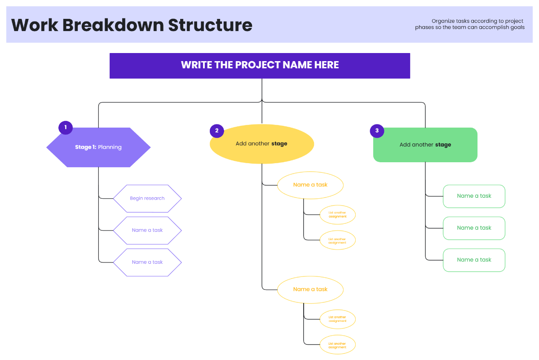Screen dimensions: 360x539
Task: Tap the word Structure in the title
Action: click(210, 25)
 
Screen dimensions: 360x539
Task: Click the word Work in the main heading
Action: click(35, 25)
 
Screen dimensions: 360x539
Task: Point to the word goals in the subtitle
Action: click(517, 27)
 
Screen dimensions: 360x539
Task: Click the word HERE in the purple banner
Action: click(327, 65)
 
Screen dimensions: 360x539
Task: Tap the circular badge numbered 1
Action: click(66, 128)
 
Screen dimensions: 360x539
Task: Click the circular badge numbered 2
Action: click(217, 131)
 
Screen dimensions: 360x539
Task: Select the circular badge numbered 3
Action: click(377, 131)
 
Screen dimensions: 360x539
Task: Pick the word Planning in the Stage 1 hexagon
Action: click(110, 147)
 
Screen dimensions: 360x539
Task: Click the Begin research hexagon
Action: click(147, 198)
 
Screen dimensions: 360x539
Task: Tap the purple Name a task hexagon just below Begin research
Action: click(147, 230)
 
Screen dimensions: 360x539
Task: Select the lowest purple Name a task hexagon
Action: click(147, 262)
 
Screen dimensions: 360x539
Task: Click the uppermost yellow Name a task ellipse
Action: click(310, 185)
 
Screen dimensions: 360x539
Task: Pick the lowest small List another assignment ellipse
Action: click(337, 345)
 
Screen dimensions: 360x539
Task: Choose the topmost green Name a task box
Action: click(474, 196)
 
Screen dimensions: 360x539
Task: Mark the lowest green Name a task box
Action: click(474, 260)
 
